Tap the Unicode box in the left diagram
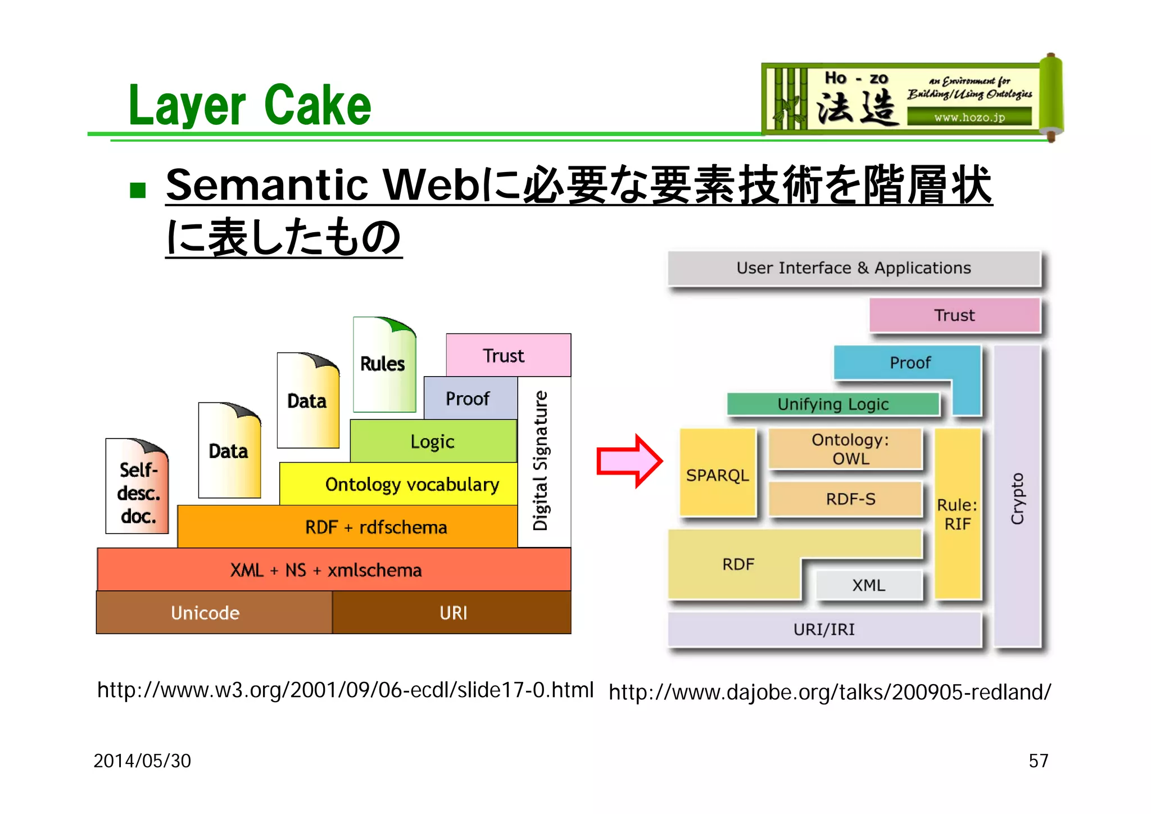214,612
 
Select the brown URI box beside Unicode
452,612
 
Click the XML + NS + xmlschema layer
334,569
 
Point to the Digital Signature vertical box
543,461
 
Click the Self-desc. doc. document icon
137,487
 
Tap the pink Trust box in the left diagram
507,355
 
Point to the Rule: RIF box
958,514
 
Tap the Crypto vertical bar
1017,497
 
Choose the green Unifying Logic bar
833,404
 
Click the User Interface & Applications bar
853,268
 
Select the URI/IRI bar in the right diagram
824,629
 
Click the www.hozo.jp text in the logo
969,117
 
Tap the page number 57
1038,761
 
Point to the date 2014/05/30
142,761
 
